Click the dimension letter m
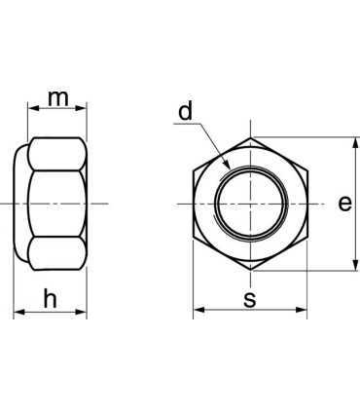pos(58,98)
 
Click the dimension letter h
pos(51,299)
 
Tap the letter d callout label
pos(186,111)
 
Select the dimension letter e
pos(344,204)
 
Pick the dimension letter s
pos(250,299)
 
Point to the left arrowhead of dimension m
pos(33,108)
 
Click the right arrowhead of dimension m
pos(81,108)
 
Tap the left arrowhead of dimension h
pos(19,312)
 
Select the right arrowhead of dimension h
pos(81,312)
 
